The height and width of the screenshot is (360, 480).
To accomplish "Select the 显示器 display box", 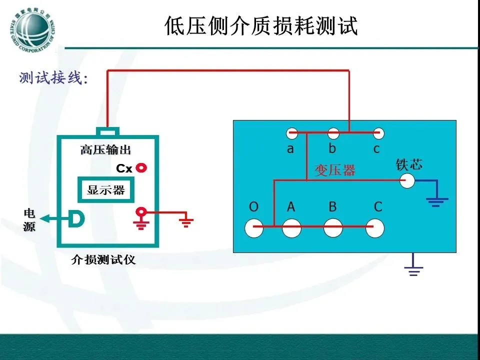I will tap(105, 190).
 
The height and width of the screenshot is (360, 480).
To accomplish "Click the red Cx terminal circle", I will tap(142, 168).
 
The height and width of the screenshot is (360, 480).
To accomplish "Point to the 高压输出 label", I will tap(106, 150).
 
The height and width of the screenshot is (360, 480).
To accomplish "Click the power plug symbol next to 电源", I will tap(76, 218).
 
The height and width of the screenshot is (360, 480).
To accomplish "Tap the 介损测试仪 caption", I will tap(103, 260).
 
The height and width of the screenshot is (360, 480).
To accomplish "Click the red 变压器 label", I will tap(335, 170).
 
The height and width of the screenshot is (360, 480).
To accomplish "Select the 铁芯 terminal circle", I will tap(407, 181).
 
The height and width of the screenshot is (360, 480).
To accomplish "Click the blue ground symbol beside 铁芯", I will tap(437, 200).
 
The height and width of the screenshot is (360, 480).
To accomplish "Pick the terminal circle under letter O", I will tap(254, 227).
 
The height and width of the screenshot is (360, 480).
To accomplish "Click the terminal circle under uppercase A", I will tap(291, 227).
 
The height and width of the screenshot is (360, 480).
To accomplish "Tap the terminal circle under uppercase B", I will tap(333, 227).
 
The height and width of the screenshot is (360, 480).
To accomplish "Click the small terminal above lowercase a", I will tap(291, 133).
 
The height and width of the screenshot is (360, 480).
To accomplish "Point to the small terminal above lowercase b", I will tap(333, 133).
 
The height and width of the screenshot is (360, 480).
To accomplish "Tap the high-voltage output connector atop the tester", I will tap(108, 132).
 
